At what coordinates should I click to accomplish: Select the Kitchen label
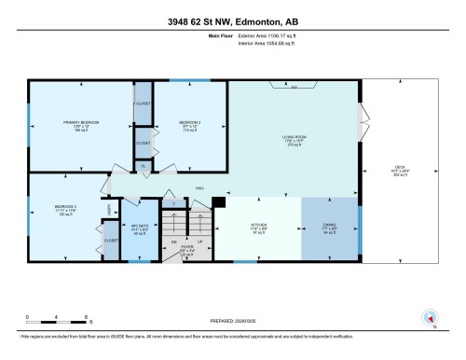pos(258,227)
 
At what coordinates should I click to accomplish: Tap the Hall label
pos(199,187)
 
